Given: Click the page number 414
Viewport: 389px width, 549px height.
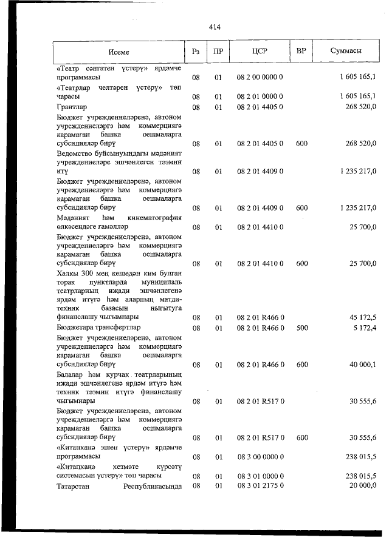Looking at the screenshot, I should (214, 27).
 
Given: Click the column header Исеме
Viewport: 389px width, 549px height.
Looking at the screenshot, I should (120, 52).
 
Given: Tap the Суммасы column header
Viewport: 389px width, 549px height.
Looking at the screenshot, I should (346, 52).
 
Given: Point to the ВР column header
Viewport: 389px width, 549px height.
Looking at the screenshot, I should (300, 52).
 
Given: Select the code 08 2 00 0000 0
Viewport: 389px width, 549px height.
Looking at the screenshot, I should (261, 78).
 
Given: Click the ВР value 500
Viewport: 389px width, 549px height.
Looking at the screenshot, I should (301, 328).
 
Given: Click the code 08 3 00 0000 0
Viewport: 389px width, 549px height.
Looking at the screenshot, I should (261, 457).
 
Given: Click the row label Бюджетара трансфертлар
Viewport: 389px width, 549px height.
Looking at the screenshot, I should (97, 328).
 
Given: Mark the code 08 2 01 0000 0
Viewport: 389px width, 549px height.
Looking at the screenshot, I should (261, 96).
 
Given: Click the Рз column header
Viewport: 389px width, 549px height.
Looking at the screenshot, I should (196, 52).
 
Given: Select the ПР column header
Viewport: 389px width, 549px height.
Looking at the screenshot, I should (218, 52).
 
